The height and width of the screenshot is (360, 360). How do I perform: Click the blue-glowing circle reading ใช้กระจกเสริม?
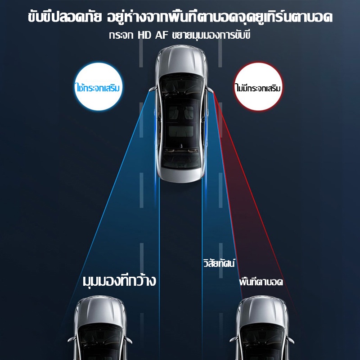(x=99, y=86)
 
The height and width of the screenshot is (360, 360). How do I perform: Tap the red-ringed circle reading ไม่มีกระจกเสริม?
(x=258, y=86)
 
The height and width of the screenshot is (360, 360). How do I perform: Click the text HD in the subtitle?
(x=144, y=36)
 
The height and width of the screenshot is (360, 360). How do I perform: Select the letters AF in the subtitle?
(x=162, y=36)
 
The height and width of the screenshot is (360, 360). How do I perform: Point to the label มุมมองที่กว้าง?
(x=119, y=280)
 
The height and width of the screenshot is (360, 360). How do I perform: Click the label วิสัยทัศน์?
(x=219, y=263)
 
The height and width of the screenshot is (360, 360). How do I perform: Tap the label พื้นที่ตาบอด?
(x=261, y=282)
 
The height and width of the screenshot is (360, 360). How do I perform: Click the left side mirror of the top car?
(x=153, y=89)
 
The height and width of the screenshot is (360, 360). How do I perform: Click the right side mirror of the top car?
(x=209, y=90)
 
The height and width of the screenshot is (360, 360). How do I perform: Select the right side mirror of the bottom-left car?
(x=129, y=340)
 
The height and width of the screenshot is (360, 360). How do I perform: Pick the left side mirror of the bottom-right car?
(x=234, y=340)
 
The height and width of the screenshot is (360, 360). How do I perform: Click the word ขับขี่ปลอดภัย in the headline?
(x=65, y=17)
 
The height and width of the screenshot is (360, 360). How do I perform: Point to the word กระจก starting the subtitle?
(x=121, y=36)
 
